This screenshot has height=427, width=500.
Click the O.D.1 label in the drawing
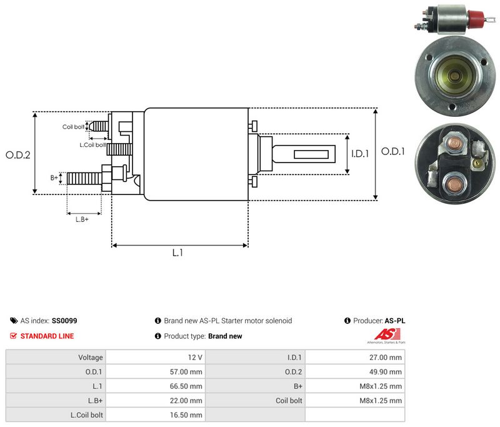click(393, 151)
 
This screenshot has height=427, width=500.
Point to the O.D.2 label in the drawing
click(18, 155)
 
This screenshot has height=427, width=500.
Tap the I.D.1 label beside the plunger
click(360, 154)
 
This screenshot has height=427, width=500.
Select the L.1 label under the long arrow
click(177, 253)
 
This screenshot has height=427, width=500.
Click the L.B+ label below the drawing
click(82, 219)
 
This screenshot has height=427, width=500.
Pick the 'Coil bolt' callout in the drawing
click(73, 127)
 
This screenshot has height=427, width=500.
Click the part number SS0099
click(64, 321)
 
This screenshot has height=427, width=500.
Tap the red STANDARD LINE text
click(47, 336)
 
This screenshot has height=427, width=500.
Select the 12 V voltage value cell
click(156, 358)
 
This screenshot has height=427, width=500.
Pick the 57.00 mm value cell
click(156, 372)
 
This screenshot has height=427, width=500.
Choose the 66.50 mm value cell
click(156, 386)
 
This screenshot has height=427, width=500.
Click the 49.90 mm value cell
click(355, 372)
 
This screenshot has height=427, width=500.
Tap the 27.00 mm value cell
click(355, 358)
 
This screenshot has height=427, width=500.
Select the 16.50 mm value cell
click(156, 415)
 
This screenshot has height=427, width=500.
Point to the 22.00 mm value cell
click(156, 401)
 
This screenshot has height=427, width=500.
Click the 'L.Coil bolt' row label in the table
click(87, 415)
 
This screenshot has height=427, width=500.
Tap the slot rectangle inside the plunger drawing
click(311, 154)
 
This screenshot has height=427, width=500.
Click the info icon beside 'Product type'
click(158, 336)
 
